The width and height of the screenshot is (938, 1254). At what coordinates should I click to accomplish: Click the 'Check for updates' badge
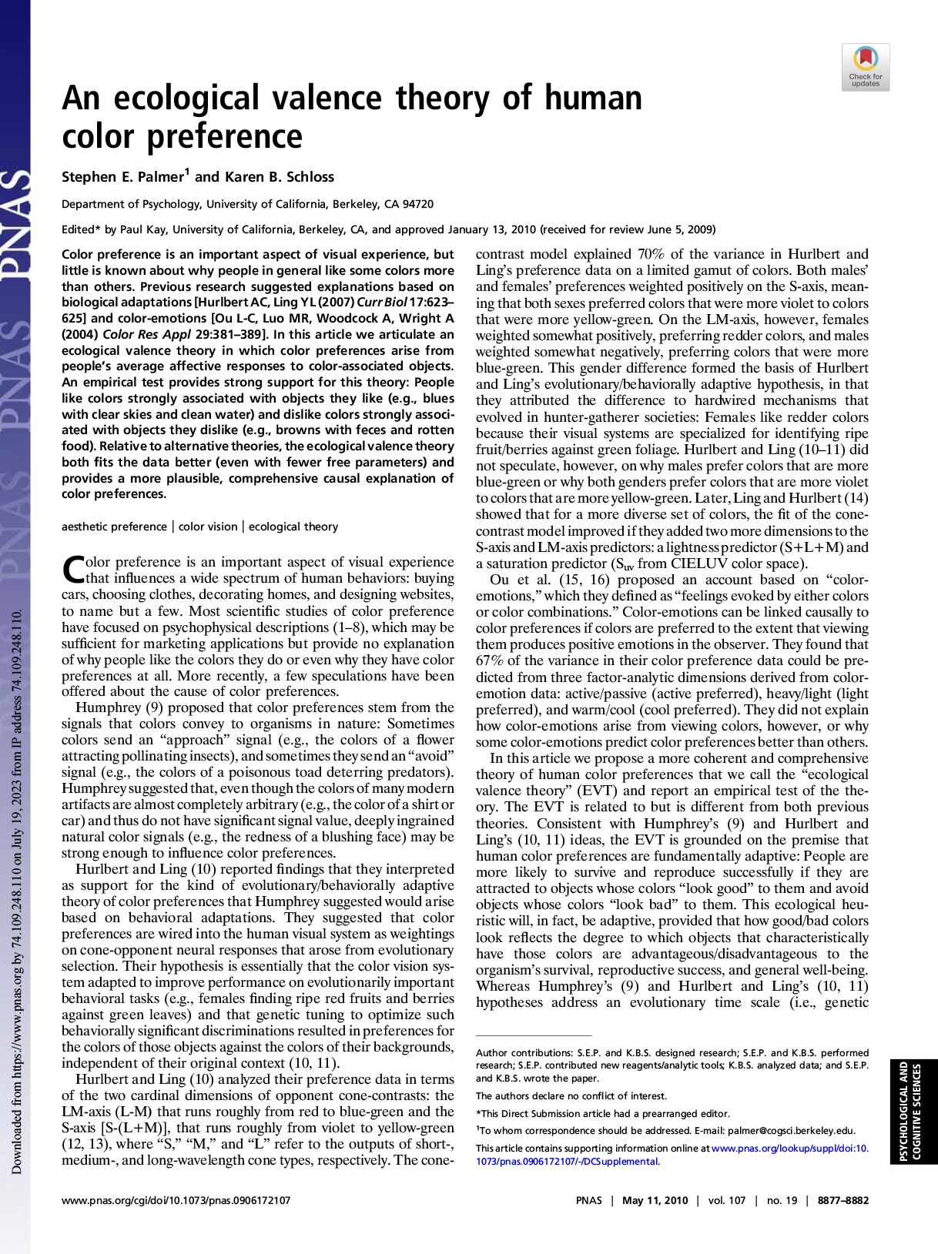pos(866,68)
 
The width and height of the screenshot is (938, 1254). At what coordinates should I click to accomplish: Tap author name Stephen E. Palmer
pos(123,177)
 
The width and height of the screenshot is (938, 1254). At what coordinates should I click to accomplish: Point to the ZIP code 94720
pos(418,205)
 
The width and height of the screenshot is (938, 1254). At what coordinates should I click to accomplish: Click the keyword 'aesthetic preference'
pos(114,527)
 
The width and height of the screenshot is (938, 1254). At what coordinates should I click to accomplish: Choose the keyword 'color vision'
pos(208,527)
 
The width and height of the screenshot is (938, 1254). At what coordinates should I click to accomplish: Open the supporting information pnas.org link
pos(789,1148)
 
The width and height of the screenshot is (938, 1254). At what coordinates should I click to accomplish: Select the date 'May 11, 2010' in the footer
pos(655,1200)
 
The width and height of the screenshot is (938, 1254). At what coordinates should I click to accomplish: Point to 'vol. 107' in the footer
pos(727,1200)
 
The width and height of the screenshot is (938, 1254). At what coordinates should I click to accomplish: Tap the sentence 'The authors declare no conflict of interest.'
pos(571,1096)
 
